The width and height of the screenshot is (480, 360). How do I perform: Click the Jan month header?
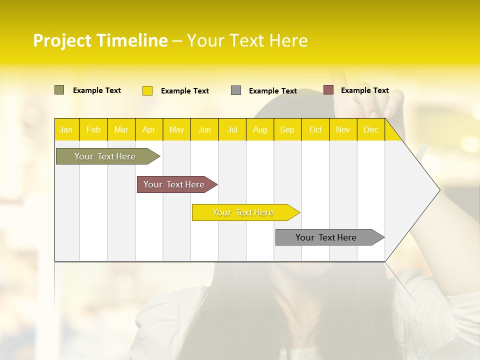[x=66, y=129]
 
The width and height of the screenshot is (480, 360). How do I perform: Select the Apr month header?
[x=149, y=129]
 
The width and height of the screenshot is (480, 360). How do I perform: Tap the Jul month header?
[x=232, y=129]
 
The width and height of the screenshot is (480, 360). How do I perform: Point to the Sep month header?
[x=287, y=129]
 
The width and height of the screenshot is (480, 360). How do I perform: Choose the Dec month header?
[x=370, y=129]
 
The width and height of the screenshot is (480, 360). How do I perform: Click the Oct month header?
[x=315, y=129]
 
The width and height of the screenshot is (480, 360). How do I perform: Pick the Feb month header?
[x=93, y=129]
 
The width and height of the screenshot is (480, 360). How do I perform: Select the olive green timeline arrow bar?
[x=105, y=156]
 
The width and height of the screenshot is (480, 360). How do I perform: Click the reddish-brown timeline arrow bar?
[x=174, y=184]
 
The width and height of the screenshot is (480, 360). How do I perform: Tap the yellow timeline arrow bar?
[x=243, y=212]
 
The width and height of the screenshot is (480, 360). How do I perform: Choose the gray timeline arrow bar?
[x=326, y=237]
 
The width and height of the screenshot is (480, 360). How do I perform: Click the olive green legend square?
[x=59, y=90]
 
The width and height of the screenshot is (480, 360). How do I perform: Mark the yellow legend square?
[x=147, y=90]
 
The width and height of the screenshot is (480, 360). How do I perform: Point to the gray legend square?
[x=236, y=90]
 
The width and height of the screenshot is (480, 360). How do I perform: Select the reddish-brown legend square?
[x=328, y=90]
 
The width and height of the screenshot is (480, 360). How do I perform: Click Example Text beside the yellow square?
[x=184, y=91]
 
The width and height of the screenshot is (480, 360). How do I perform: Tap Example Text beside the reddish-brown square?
[x=364, y=90]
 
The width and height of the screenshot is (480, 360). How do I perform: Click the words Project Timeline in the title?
[x=100, y=40]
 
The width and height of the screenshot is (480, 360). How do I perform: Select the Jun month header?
[x=204, y=129]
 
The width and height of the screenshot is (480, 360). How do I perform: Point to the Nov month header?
[x=343, y=129]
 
